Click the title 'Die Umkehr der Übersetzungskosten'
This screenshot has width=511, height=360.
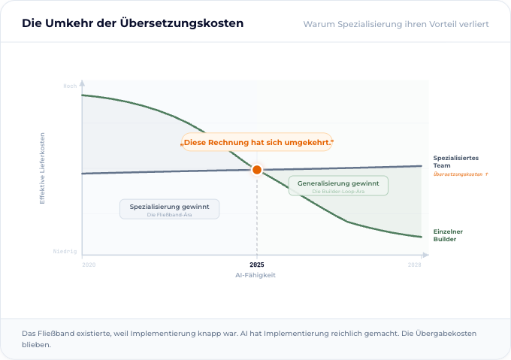pos(132,23)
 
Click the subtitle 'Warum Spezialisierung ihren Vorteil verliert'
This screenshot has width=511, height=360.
pos(396,24)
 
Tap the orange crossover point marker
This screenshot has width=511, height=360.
pos(257,170)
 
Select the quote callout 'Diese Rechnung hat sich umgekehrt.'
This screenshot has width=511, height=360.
pos(257,142)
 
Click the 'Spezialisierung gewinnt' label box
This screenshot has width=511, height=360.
pos(170,209)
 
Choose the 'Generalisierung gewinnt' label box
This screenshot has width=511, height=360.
pos(338,186)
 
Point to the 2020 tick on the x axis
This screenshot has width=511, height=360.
pos(89,265)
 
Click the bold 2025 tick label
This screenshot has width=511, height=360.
pos(257,265)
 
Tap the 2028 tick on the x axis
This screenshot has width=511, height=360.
pos(414,265)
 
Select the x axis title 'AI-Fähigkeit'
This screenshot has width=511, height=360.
pos(257,275)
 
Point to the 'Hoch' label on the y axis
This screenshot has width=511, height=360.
pos(70,86)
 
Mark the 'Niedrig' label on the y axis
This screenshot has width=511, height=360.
pos(65,251)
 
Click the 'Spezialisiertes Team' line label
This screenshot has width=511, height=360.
pos(455,161)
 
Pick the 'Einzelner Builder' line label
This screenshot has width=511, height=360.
pos(448,234)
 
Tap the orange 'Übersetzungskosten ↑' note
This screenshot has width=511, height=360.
pos(461,174)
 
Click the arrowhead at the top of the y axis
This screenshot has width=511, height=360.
pos(82,83)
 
